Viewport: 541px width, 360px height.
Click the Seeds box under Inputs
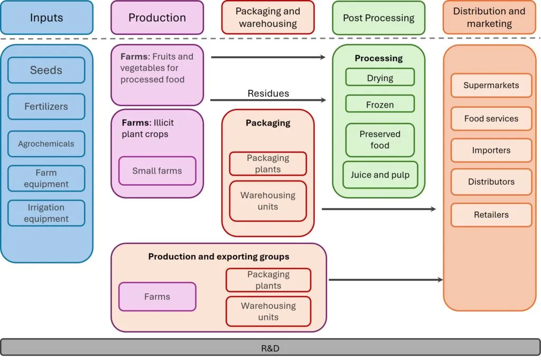tap(46, 70)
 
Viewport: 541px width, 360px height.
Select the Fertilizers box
tap(46, 107)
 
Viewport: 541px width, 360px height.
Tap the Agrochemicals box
tap(46, 144)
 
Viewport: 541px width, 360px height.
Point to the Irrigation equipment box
tap(46, 213)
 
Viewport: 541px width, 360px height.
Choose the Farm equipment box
tap(46, 178)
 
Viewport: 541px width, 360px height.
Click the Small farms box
tap(157, 170)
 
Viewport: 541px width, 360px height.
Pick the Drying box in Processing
tap(380, 78)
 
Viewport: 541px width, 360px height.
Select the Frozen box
tap(380, 105)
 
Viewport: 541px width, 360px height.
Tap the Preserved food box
tap(380, 140)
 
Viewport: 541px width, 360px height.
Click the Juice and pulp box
tap(380, 175)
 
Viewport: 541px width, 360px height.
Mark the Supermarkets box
tap(491, 85)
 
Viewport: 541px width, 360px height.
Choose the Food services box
tap(491, 119)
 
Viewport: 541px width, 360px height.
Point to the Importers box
tap(491, 150)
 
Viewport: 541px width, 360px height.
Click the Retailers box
tap(491, 215)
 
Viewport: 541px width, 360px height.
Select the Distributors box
tap(491, 182)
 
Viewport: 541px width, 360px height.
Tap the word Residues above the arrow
tap(268, 93)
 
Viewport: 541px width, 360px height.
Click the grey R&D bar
tap(270, 348)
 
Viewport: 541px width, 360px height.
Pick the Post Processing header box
tap(378, 17)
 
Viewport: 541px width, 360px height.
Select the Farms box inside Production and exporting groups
tap(157, 297)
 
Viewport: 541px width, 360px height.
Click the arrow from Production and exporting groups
tap(386, 280)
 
